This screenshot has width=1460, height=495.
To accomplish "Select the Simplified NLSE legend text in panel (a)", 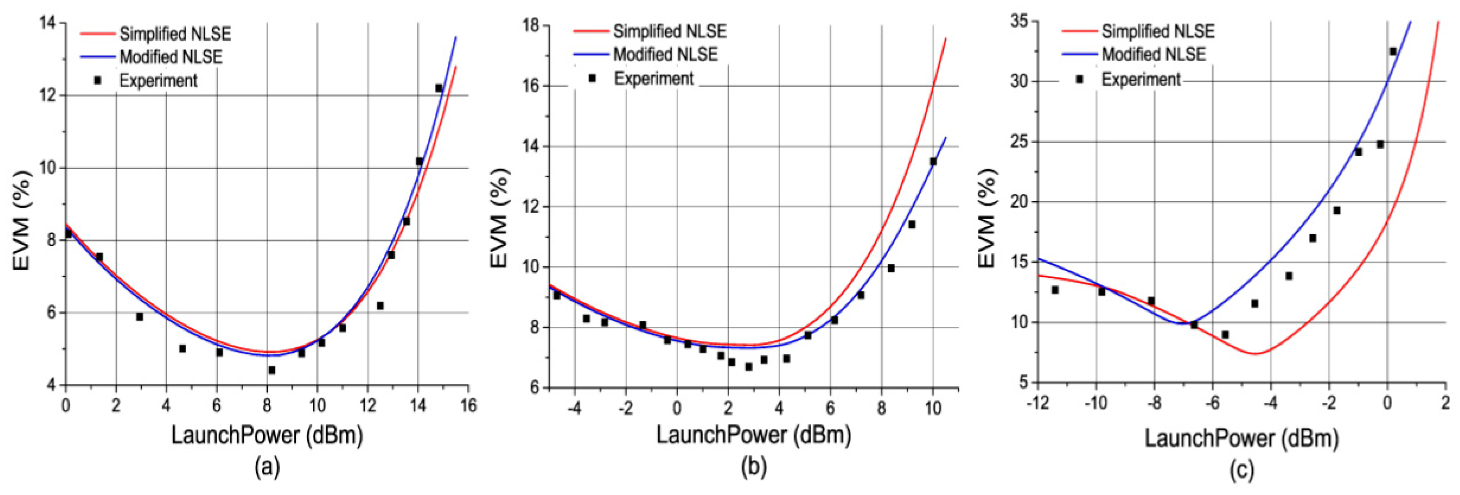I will coord(175,34).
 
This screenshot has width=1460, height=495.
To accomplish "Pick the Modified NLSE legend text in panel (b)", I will coord(665,54).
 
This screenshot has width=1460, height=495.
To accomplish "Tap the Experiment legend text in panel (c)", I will coord(1140,79).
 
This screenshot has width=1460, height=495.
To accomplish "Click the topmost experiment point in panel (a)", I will coord(439,88).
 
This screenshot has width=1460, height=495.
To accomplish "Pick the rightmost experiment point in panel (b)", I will coord(933,162).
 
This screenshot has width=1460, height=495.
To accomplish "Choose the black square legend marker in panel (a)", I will coord(98,81).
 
